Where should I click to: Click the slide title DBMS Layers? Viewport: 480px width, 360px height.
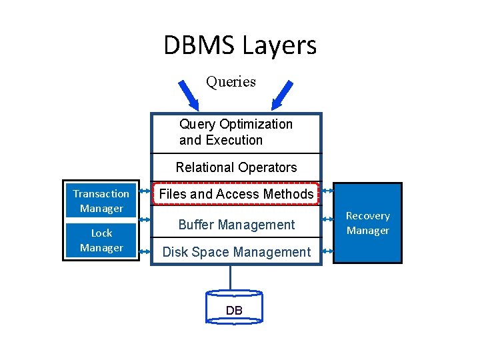click(240, 45)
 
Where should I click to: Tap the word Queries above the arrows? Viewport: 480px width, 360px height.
click(231, 82)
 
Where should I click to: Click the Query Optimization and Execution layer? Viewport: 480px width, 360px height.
click(236, 132)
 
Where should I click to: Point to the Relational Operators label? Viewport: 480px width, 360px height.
click(236, 167)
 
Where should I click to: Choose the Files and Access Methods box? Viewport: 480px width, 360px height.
click(237, 194)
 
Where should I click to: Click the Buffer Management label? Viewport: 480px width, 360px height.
click(236, 225)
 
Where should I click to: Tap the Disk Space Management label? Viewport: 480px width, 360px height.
click(237, 252)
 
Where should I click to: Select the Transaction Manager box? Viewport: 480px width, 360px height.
click(101, 201)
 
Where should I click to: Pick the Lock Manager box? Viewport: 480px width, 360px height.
click(101, 240)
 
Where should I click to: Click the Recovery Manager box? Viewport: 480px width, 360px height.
click(367, 223)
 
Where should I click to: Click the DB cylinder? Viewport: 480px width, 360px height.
click(234, 307)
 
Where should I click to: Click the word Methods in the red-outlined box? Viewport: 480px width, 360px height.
click(288, 194)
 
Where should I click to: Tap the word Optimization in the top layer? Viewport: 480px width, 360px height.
click(255, 124)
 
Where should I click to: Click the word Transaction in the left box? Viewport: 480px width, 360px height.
click(101, 194)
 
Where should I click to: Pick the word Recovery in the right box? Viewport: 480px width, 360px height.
click(367, 216)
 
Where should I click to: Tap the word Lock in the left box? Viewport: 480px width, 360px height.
click(101, 233)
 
